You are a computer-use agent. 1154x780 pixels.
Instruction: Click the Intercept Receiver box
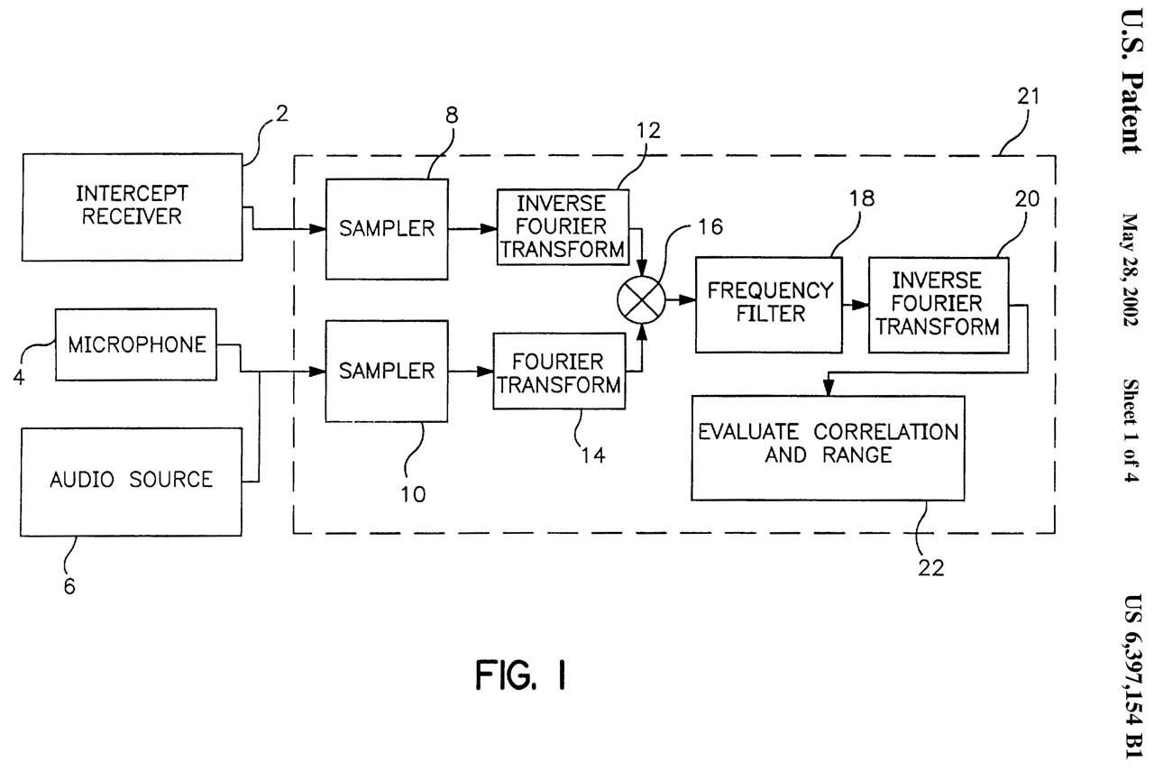coord(133,206)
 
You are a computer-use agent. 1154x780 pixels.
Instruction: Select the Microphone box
coord(138,344)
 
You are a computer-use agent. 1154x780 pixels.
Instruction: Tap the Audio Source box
coord(133,481)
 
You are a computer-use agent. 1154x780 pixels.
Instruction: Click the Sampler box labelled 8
coord(387,229)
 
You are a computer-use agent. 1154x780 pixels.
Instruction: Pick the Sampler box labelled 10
coord(387,371)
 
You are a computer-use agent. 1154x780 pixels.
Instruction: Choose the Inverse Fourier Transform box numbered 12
coord(563,225)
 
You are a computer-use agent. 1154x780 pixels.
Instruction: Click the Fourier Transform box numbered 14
coord(560,372)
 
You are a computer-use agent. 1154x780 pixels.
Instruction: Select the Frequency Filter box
coord(769,304)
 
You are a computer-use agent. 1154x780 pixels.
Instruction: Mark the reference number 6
coord(69,587)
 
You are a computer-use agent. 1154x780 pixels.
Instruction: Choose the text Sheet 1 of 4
coord(1131,431)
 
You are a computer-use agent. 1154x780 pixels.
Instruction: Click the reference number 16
coord(710,227)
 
